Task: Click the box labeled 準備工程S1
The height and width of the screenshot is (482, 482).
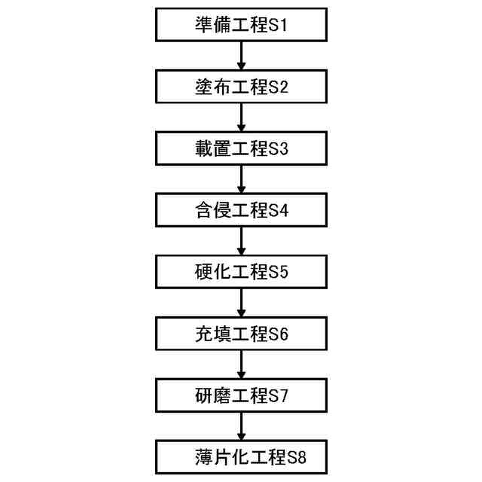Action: [241, 26]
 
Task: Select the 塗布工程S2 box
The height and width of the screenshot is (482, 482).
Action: [241, 87]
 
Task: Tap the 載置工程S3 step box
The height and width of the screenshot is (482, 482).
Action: [241, 148]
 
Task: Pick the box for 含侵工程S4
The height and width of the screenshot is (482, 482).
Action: [241, 210]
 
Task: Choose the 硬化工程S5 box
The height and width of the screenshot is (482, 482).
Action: [241, 272]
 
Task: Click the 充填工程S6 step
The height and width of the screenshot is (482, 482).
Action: [241, 334]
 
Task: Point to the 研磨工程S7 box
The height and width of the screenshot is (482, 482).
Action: [241, 395]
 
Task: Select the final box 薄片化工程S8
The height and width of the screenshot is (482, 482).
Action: [241, 456]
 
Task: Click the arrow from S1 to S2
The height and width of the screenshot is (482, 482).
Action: [241, 56]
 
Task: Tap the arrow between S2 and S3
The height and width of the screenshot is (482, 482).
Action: [241, 117]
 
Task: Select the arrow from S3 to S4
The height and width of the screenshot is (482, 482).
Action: [241, 179]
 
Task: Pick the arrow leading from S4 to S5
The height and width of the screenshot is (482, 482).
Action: [241, 241]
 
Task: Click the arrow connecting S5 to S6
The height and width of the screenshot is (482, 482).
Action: [241, 303]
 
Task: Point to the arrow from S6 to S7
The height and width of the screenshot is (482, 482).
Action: [241, 365]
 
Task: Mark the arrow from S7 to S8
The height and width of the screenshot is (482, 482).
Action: [241, 426]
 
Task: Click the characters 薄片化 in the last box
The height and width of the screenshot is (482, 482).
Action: [215, 456]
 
